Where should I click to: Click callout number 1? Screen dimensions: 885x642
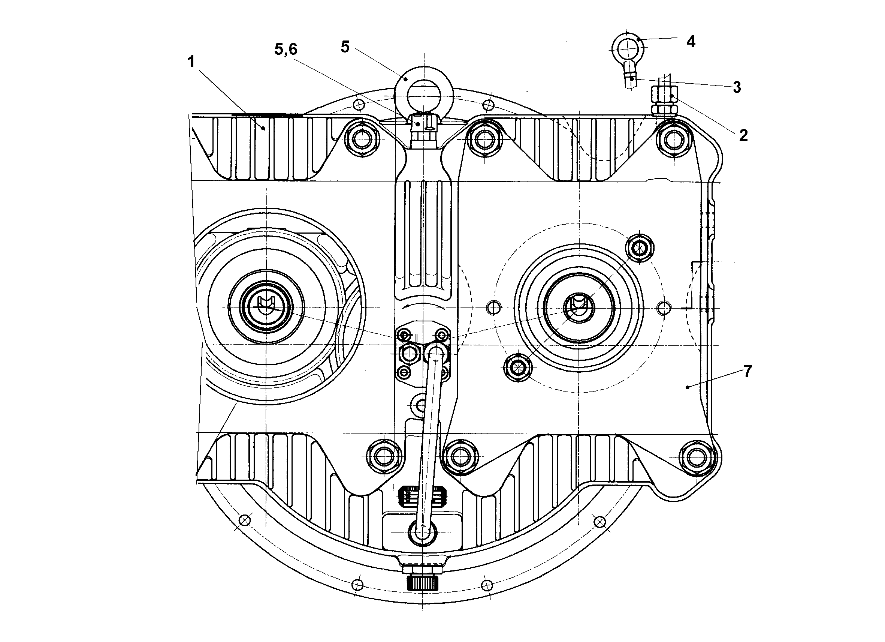point(191,62)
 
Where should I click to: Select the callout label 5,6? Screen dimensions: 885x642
point(286,49)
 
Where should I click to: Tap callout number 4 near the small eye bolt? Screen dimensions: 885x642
point(691,41)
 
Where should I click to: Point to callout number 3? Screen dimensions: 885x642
point(737,87)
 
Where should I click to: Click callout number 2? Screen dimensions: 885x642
point(743,135)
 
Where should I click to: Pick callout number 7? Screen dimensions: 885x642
point(747,371)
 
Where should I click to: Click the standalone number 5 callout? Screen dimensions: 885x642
point(345,47)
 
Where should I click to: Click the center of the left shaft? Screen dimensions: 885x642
point(266,307)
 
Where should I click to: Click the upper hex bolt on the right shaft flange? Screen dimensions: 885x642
point(639,247)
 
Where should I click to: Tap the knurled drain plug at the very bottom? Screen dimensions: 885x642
point(423,584)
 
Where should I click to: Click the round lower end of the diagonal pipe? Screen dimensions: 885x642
point(423,532)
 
